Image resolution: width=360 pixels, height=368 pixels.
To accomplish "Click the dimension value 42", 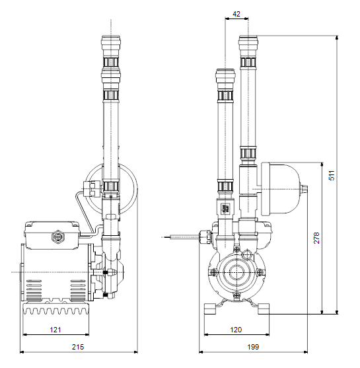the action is [x=236, y=14].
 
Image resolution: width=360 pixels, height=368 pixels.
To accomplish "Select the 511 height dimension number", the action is [x=332, y=175].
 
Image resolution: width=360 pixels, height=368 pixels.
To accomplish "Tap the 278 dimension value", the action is [x=316, y=238].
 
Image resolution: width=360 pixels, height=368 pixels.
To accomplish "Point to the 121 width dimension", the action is [x=55, y=330].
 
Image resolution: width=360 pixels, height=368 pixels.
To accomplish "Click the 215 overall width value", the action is [x=78, y=347].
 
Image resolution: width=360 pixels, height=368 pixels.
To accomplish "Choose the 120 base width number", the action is [x=236, y=330].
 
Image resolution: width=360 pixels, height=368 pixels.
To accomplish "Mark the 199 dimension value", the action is [x=253, y=347].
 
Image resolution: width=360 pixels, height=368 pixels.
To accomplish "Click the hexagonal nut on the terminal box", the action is [x=58, y=237].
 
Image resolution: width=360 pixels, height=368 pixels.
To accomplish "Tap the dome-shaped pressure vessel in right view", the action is [x=281, y=189].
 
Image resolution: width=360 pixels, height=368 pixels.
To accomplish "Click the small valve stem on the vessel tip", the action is [x=304, y=189].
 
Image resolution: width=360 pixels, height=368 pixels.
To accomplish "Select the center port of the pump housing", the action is [x=236, y=272].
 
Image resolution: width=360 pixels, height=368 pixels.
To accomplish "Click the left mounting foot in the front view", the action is [x=210, y=309].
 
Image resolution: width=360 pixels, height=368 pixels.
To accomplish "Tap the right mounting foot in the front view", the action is [x=264, y=309].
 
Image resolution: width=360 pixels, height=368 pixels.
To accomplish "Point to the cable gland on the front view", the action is [x=205, y=237].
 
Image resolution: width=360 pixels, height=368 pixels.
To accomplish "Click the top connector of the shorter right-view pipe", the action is [x=225, y=76].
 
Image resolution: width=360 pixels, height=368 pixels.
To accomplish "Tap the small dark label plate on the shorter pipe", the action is [x=225, y=208].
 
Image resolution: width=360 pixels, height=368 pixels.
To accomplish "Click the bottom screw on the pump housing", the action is [x=236, y=295].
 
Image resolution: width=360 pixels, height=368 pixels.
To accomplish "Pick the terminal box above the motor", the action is [x=52, y=235].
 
